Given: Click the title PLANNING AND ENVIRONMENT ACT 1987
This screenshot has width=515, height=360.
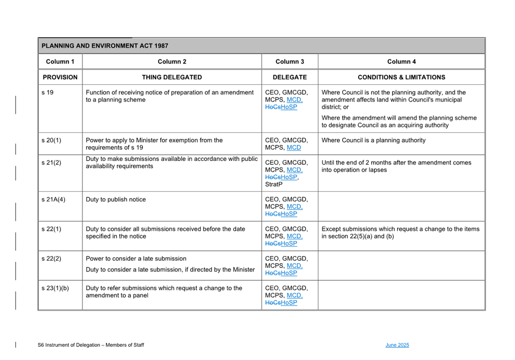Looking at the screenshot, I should click(105, 46).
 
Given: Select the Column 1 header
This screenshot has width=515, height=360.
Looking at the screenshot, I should click(60, 62).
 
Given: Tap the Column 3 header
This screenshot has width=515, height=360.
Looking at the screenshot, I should click(289, 62).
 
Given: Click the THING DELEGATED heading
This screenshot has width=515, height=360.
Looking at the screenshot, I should click(172, 77).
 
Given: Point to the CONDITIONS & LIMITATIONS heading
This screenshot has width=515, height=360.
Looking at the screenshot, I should click(401, 77).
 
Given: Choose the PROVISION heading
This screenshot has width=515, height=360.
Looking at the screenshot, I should click(60, 77).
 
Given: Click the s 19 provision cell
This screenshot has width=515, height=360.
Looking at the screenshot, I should click(47, 93).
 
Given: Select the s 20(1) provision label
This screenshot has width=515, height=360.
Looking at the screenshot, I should click(51, 140).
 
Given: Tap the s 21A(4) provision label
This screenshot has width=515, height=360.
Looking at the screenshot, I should click(53, 200).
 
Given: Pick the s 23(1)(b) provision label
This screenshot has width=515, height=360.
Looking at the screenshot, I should click(55, 288).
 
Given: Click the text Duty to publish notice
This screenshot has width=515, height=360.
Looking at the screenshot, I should click(115, 200).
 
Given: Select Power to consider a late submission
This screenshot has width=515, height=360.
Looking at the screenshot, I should click(136, 259).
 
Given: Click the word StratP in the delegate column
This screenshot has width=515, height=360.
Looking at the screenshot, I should click(274, 184).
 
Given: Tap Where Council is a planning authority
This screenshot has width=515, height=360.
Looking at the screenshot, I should click(373, 140).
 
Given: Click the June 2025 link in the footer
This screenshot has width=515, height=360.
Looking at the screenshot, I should click(397, 345).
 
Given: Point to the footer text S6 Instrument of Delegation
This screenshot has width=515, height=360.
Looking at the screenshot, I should click(91, 345).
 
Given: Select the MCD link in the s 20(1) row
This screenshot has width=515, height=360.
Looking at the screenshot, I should click(294, 148).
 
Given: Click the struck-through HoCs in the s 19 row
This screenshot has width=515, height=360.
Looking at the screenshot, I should click(273, 107).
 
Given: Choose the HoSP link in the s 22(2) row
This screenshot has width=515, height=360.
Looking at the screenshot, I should click(289, 273).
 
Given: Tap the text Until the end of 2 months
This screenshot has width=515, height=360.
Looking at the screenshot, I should click(396, 163).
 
